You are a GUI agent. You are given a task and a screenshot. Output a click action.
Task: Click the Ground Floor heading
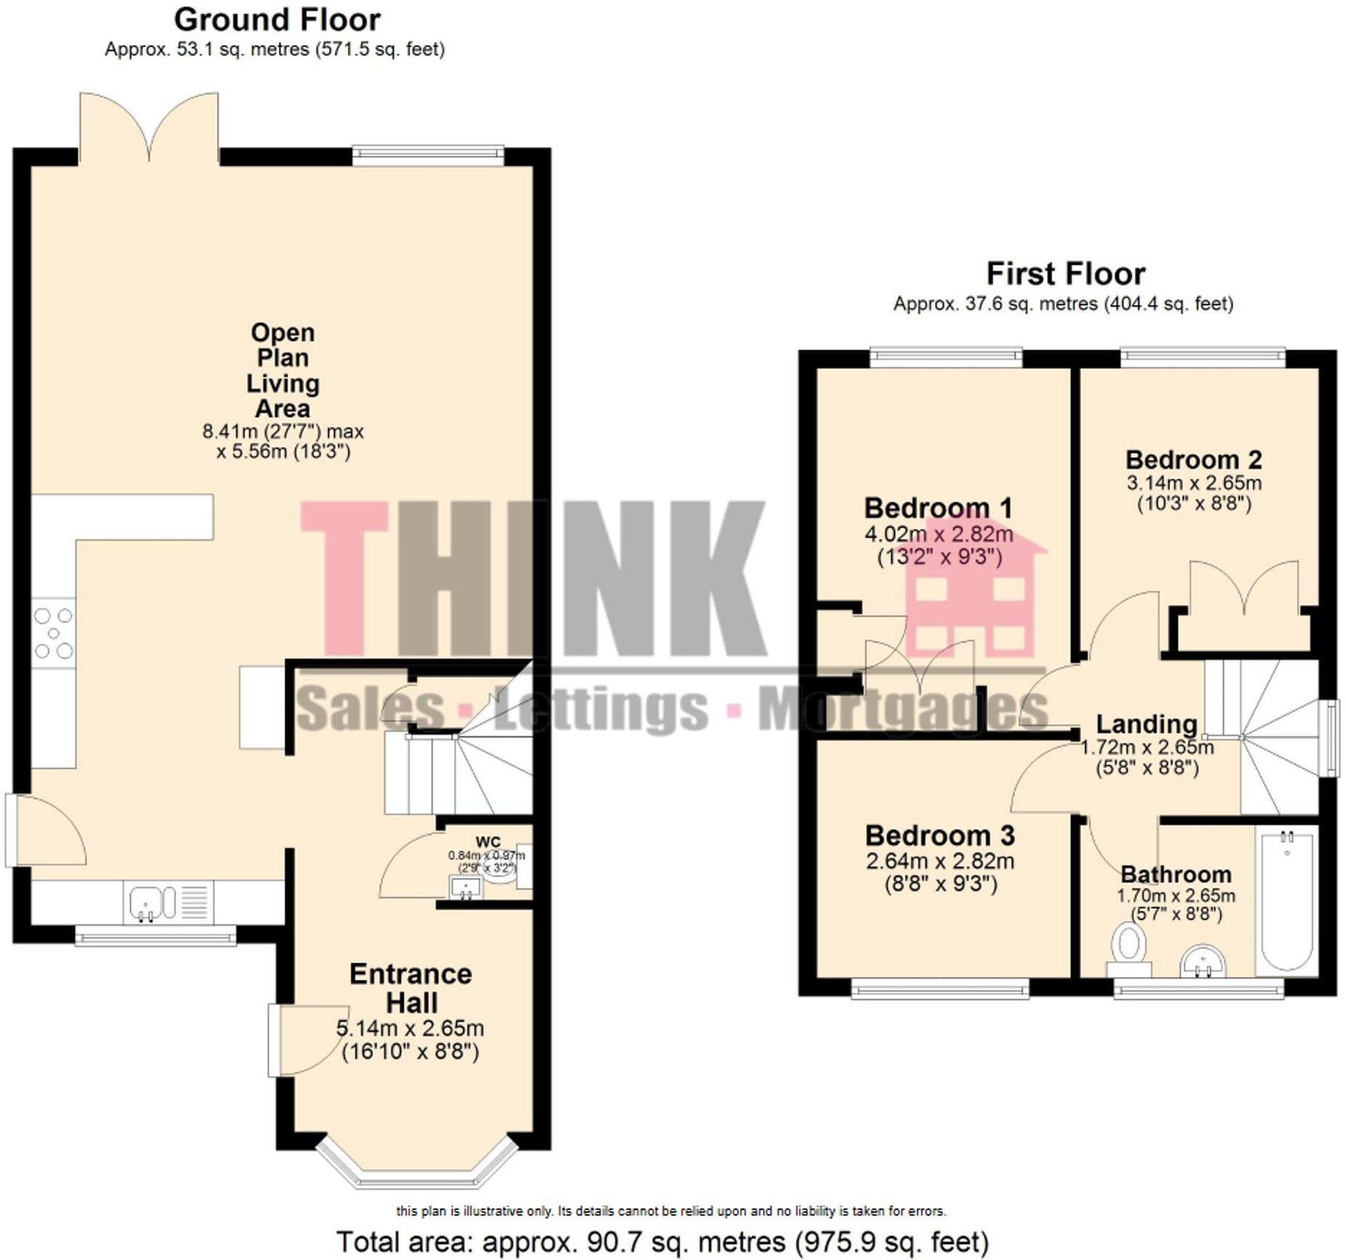click(x=277, y=20)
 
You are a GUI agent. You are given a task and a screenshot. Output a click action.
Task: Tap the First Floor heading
click(x=1065, y=274)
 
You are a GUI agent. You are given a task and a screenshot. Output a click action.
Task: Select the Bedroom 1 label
click(x=938, y=508)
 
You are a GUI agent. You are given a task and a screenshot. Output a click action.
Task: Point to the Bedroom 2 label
click(x=1194, y=459)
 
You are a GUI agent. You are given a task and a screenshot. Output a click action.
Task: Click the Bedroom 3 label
click(x=939, y=835)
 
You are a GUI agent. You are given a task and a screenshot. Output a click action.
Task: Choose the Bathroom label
click(x=1175, y=874)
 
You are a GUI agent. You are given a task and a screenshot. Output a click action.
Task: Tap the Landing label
click(x=1146, y=724)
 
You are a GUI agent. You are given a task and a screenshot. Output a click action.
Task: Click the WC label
click(x=488, y=842)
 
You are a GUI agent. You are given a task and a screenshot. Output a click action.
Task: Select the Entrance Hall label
click(x=411, y=988)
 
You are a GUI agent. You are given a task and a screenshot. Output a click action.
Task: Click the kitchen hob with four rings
click(x=54, y=634)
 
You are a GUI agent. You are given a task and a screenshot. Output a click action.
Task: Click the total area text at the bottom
click(x=662, y=1242)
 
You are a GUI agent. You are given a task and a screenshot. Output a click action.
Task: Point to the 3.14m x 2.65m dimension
click(x=1194, y=483)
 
